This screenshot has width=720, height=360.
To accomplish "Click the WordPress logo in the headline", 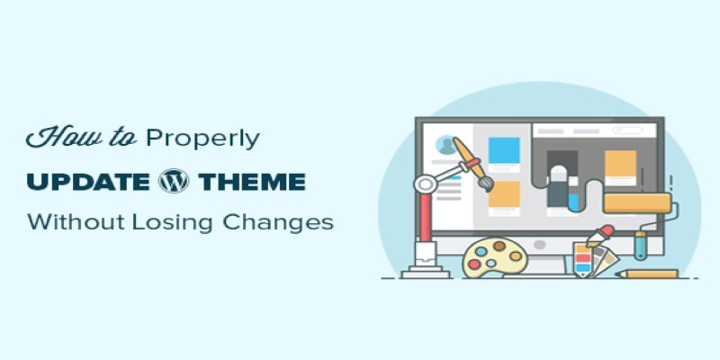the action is click(x=174, y=181).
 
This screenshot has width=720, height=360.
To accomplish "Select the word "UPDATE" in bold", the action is click(x=88, y=182).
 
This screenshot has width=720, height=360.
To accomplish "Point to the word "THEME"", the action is click(x=252, y=182).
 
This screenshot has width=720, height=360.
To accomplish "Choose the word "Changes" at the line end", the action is click(x=278, y=223).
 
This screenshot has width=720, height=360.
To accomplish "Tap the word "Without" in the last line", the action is click(x=76, y=221).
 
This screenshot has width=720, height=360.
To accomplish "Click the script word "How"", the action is click(x=57, y=137).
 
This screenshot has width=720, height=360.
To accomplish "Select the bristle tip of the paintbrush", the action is click(x=486, y=184).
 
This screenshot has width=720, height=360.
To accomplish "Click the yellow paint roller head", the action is click(x=637, y=203).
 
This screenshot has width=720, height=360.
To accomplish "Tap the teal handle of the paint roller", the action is click(x=640, y=245).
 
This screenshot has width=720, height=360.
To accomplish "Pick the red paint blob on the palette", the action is click(x=474, y=264).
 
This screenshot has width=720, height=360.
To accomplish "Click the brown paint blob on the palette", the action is click(x=499, y=246).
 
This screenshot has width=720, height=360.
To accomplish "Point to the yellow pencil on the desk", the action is click(x=646, y=274).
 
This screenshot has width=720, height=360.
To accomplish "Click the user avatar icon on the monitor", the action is click(x=446, y=145).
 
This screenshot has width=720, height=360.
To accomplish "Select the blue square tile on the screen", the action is click(x=504, y=150).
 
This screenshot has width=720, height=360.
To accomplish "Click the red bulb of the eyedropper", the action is click(x=607, y=230).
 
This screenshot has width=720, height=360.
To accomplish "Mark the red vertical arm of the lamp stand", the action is click(x=425, y=217).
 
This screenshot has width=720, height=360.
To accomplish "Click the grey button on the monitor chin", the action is click(x=540, y=245).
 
